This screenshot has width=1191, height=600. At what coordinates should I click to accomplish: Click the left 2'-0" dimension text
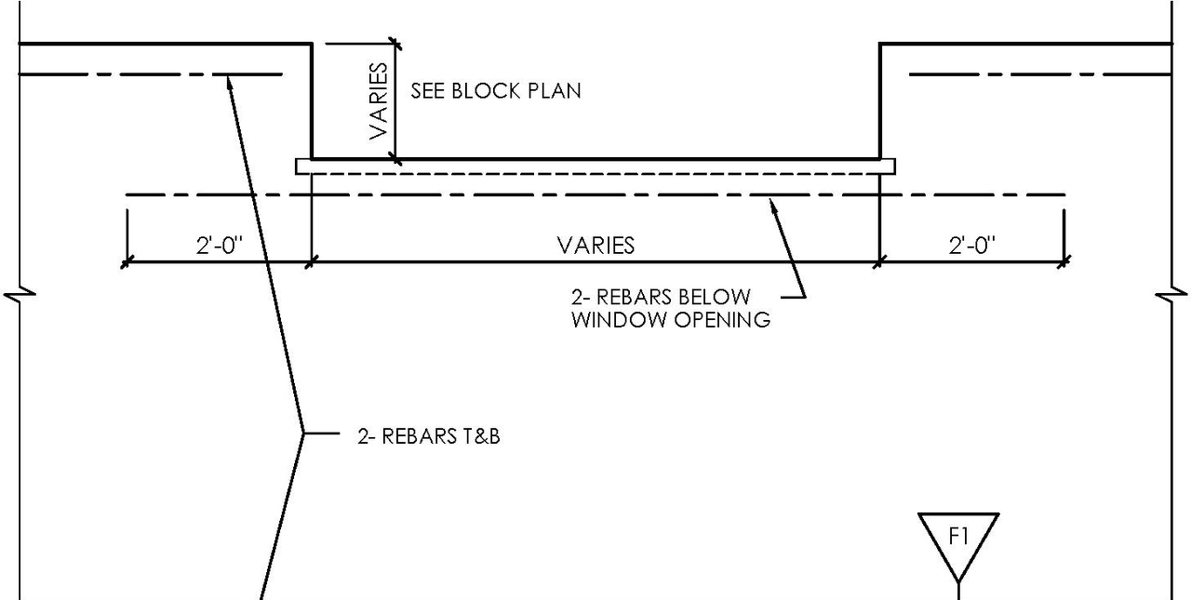pyautogui.click(x=219, y=246)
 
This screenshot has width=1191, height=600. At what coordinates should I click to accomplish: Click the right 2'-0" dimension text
pyautogui.click(x=971, y=246)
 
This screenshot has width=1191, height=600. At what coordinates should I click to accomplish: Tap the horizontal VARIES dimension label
pyautogui.click(x=595, y=246)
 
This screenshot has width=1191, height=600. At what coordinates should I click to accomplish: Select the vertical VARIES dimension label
pyautogui.click(x=378, y=100)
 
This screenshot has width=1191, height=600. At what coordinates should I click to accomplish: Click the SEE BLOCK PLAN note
pyautogui.click(x=495, y=91)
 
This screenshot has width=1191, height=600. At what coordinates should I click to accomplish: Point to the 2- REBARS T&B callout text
pyautogui.click(x=429, y=435)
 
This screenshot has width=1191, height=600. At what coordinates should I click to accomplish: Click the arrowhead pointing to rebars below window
pyautogui.click(x=771, y=204)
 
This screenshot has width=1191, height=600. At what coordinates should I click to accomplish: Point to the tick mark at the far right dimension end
pyautogui.click(x=1065, y=262)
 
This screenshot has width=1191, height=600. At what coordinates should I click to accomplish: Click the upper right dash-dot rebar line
pyautogui.click(x=1037, y=73)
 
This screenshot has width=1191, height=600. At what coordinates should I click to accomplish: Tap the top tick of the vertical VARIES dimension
pyautogui.click(x=395, y=43)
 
